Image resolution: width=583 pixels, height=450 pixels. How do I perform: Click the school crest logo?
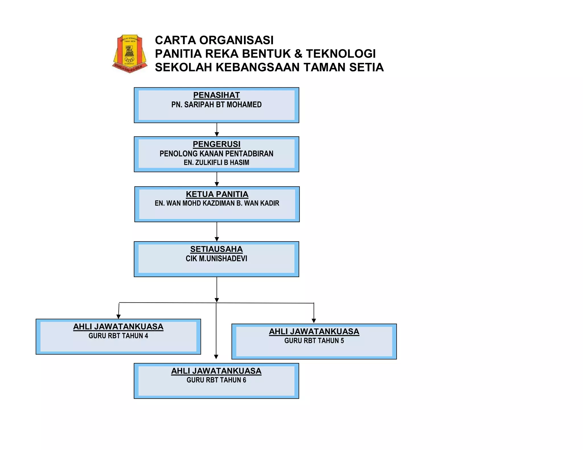point(130,53)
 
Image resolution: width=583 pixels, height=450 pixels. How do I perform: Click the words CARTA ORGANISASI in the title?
point(214,40)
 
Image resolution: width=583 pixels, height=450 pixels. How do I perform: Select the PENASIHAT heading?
point(216,95)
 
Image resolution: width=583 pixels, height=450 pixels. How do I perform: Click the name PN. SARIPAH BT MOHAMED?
point(216,105)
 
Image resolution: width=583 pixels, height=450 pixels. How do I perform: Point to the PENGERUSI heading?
point(216,144)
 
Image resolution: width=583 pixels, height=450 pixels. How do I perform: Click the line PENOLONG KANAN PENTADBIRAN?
point(216,154)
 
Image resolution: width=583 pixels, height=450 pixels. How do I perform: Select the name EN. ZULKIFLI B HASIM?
point(216,162)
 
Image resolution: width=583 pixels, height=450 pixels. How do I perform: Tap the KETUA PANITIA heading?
point(217,194)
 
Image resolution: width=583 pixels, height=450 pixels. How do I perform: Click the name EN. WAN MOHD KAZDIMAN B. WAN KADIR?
point(217,203)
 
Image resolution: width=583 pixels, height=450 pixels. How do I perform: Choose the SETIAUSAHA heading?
point(216,249)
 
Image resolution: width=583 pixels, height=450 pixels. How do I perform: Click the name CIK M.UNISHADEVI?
point(216,259)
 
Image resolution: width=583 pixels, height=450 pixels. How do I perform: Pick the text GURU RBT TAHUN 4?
point(118,336)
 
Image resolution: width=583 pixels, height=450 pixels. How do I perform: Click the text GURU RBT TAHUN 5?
point(314,340)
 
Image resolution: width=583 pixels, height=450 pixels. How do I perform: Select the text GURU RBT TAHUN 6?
point(216,380)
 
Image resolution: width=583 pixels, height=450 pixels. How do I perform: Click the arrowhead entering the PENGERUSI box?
point(217,134)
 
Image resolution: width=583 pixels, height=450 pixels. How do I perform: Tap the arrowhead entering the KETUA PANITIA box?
point(217,184)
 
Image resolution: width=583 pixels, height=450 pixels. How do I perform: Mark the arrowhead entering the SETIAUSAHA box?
point(217,239)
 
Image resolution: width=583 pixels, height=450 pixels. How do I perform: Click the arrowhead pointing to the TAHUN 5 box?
point(314,321)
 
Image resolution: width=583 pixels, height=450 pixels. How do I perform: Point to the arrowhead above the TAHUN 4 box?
point(118,317)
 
